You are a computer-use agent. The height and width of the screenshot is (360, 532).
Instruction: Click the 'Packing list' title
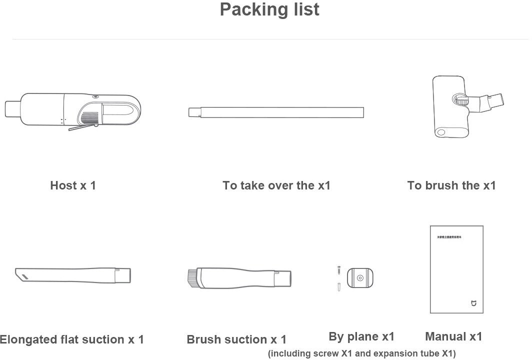269,9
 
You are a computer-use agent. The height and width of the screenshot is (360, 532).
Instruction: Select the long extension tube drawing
275,111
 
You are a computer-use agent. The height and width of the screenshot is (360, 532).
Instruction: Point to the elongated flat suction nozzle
73,275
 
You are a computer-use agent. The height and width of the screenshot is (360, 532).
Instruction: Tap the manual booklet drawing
456,269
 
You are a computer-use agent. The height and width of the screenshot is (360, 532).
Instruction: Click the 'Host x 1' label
73,185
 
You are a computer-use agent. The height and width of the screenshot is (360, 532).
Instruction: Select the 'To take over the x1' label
276,185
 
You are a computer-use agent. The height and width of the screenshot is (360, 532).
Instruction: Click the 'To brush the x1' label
451,185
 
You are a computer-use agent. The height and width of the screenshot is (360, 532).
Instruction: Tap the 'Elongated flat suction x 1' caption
72,339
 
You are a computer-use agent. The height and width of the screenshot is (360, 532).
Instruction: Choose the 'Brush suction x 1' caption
236,339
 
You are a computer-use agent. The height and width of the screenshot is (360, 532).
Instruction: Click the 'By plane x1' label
361,336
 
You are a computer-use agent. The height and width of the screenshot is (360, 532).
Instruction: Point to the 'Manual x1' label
453,336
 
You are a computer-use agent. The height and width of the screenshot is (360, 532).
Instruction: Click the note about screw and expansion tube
362,353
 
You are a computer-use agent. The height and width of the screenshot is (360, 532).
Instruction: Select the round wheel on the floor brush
441,132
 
